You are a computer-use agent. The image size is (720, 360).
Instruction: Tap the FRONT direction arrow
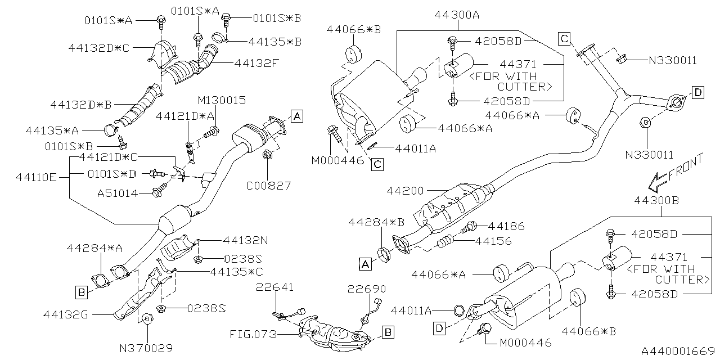(x=674, y=173)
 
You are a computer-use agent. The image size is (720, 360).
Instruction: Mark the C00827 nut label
(x=268, y=184)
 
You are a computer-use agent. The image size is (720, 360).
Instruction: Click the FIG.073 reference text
(x=254, y=335)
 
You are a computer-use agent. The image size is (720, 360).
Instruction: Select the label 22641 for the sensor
(x=274, y=288)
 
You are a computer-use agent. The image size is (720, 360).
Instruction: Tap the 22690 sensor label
(x=367, y=289)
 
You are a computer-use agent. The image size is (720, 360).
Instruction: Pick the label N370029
(x=146, y=348)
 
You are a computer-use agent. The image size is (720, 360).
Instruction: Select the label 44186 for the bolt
(x=506, y=227)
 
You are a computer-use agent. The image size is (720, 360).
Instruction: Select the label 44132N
(x=245, y=240)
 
